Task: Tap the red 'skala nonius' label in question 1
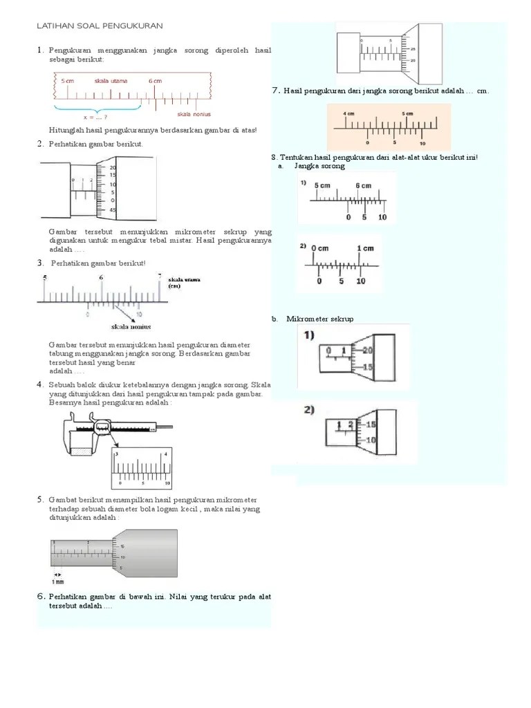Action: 194,114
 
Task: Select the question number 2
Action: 40,144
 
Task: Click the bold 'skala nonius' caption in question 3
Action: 131,327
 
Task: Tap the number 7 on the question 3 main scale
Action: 160,277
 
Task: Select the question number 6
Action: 41,596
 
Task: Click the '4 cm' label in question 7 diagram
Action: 348,113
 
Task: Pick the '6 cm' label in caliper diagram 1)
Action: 363,186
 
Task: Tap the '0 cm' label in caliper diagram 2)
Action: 319,248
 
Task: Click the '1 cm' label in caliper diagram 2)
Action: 365,248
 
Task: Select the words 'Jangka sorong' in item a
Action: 319,166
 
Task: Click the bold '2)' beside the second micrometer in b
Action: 308,410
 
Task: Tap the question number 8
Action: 274,158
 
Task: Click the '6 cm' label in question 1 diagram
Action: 156,81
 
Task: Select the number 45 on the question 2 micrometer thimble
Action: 112,209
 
